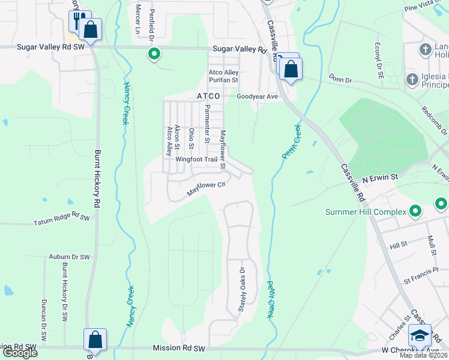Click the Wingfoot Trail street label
click(196, 160)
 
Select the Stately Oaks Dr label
click(242, 289)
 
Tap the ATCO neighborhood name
click(208, 96)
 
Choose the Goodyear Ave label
click(257, 96)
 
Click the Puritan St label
click(223, 80)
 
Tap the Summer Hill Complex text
click(365, 212)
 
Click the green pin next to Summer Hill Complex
click(415, 211)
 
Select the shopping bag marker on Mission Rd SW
click(95, 340)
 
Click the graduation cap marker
click(420, 335)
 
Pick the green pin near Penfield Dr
click(154, 54)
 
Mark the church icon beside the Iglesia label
click(412, 79)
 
